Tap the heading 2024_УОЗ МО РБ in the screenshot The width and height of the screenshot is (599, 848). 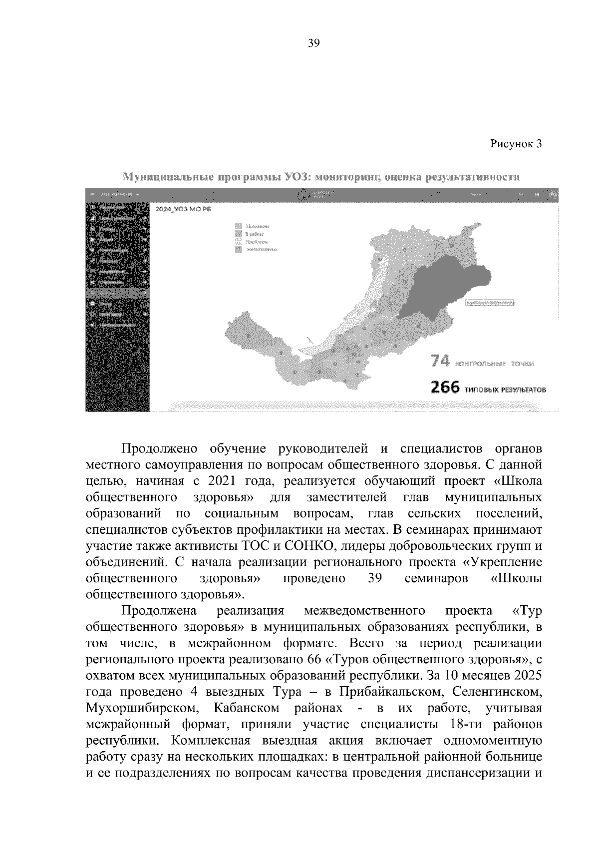click(x=184, y=210)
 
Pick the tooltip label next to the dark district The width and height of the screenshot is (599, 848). click(x=490, y=303)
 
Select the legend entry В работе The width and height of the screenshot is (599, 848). click(x=254, y=234)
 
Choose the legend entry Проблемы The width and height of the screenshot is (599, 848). click(x=255, y=241)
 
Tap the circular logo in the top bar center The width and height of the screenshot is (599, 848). click(x=302, y=195)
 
